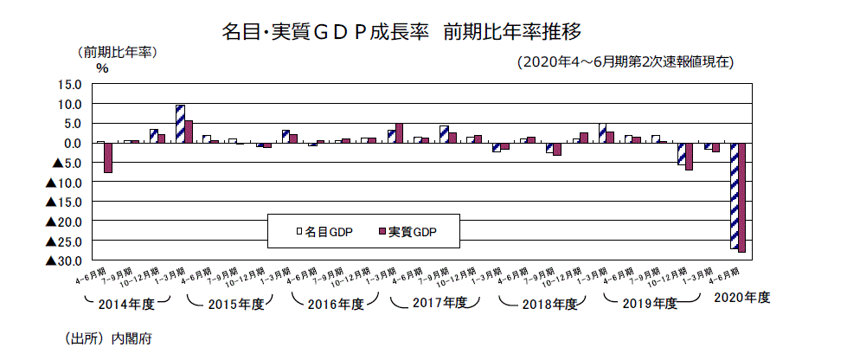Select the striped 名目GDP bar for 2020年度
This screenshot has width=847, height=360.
click(x=735, y=196)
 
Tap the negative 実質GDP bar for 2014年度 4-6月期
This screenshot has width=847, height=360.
click(x=108, y=157)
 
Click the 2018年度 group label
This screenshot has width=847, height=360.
click(x=549, y=304)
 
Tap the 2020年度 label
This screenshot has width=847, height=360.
click(x=742, y=297)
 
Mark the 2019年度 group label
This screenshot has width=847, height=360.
click(x=652, y=304)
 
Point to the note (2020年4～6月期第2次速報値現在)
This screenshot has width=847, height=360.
click(x=624, y=62)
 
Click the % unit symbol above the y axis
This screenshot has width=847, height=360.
click(x=102, y=68)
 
